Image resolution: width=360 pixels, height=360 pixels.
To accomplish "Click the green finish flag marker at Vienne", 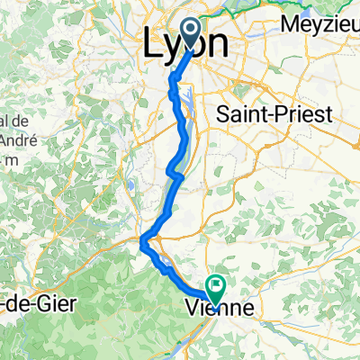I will click(x=216, y=288).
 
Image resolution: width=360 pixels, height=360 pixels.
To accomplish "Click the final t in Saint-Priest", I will click(x=305, y=115).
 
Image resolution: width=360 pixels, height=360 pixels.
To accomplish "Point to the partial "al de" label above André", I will click(x=11, y=121).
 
